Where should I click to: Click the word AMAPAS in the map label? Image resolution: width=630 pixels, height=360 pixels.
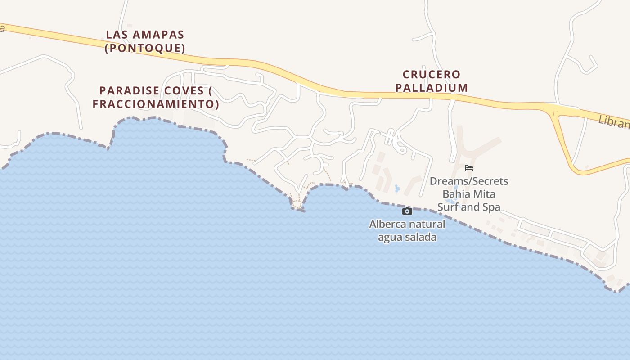click(156, 35)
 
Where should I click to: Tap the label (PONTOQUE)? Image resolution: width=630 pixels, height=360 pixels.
click(145, 48)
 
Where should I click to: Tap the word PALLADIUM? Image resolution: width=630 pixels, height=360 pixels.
click(432, 88)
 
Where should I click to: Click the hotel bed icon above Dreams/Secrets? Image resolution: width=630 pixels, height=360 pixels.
click(469, 168)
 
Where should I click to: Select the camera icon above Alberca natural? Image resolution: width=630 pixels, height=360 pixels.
click(407, 211)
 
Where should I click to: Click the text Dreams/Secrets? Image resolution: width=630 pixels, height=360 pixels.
click(469, 181)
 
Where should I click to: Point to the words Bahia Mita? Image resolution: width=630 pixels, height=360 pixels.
click(469, 194)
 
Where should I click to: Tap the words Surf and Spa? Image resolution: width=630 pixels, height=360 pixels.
click(469, 207)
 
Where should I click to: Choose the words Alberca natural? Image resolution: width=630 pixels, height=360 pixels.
click(407, 224)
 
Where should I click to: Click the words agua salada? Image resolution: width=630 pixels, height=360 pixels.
click(407, 237)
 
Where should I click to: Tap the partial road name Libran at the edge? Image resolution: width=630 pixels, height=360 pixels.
click(614, 121)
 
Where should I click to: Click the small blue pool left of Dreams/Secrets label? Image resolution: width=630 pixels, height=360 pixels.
click(396, 189)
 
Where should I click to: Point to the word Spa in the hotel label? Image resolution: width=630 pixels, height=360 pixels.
click(491, 207)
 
